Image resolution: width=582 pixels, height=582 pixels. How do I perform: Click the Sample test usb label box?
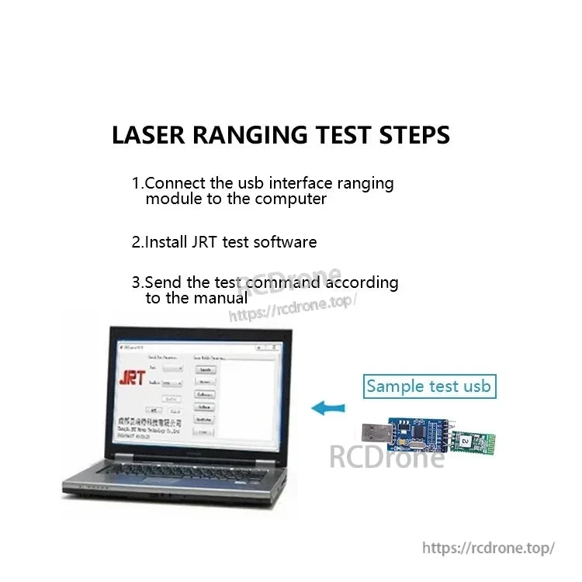[428, 386]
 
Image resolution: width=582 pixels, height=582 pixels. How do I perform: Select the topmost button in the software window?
[205, 370]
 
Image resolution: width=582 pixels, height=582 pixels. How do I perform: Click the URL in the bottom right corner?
[488, 548]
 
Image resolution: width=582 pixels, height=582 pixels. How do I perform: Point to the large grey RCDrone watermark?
[387, 456]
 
